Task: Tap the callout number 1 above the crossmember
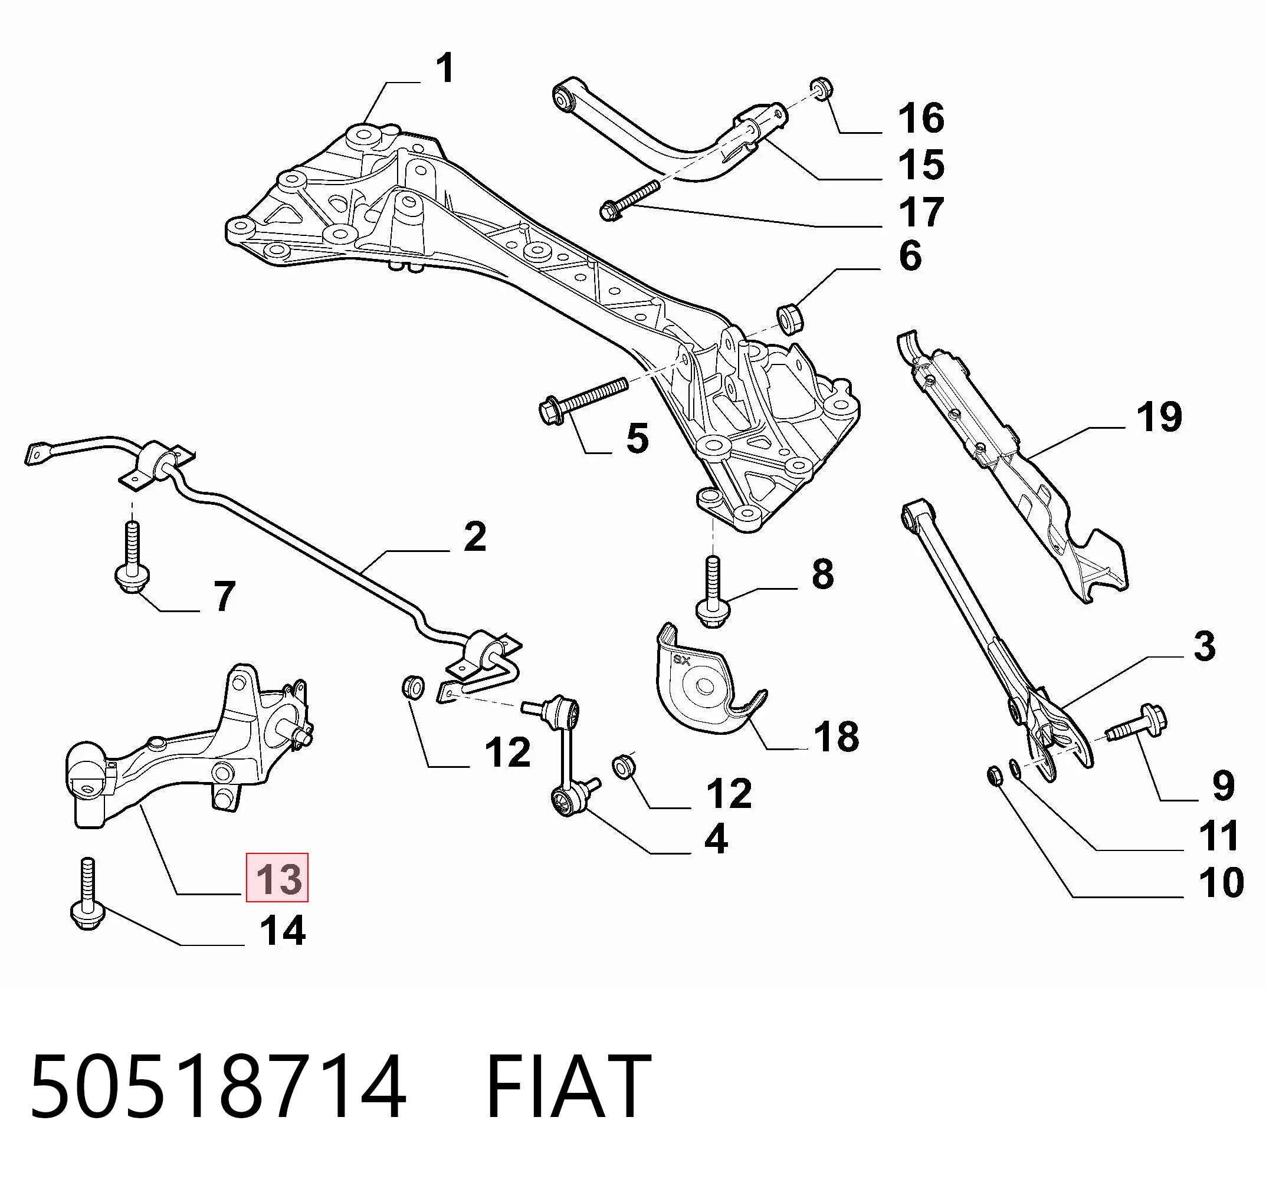(x=445, y=68)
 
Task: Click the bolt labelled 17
(x=629, y=201)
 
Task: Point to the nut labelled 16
(x=822, y=88)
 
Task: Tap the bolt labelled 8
(x=713, y=592)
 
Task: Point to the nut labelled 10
(x=995, y=776)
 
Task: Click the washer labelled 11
(x=1016, y=770)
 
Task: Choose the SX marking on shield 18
(x=682, y=661)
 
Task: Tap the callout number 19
(x=1159, y=417)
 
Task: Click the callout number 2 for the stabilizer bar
(x=474, y=536)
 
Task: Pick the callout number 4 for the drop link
(x=716, y=839)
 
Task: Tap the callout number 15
(x=920, y=165)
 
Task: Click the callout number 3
(x=1203, y=646)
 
